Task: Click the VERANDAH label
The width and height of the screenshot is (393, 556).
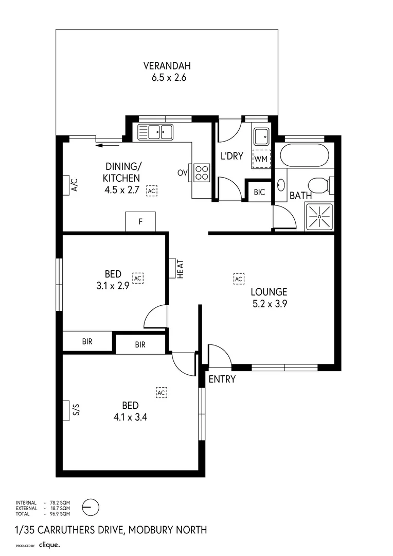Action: click(x=167, y=66)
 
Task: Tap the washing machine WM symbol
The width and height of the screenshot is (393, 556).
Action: click(x=260, y=159)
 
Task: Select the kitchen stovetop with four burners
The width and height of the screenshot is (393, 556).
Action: click(x=202, y=172)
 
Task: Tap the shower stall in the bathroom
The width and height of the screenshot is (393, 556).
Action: click(x=319, y=217)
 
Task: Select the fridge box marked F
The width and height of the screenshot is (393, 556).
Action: click(x=140, y=222)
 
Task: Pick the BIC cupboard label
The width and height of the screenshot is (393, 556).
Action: click(x=259, y=193)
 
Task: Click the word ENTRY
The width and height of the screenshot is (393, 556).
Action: click(x=222, y=379)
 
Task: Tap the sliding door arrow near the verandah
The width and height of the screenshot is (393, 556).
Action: click(x=106, y=145)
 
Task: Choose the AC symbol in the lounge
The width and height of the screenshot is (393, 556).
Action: click(x=238, y=279)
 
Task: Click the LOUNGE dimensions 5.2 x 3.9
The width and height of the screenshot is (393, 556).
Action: click(x=269, y=303)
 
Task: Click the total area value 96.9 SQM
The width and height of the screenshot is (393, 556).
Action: click(x=59, y=514)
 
